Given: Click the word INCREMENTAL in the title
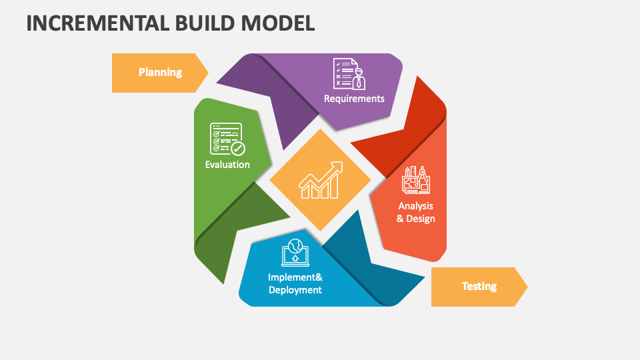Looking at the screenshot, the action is [x=98, y=23].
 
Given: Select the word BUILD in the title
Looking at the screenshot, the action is [x=205, y=23].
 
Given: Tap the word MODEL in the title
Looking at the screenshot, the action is [x=278, y=23].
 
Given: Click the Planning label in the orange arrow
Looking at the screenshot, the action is [x=161, y=72].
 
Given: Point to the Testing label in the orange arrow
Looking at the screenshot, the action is [x=479, y=286].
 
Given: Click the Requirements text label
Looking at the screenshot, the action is [x=354, y=99].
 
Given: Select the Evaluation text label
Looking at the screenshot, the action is [x=227, y=165].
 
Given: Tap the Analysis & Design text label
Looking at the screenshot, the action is [x=416, y=212].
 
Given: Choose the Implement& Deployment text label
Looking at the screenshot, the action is [x=295, y=284].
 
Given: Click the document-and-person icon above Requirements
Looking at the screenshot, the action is [x=349, y=74].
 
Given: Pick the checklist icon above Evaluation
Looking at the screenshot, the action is [x=227, y=139].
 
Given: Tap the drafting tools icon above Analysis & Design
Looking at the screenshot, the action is [x=416, y=180].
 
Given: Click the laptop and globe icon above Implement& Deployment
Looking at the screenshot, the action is [x=295, y=253].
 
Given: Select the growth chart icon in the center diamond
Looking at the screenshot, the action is [x=321, y=180].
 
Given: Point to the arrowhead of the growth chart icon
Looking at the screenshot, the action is [x=337, y=167].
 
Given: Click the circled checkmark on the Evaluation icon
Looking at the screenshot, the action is [x=238, y=149].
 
